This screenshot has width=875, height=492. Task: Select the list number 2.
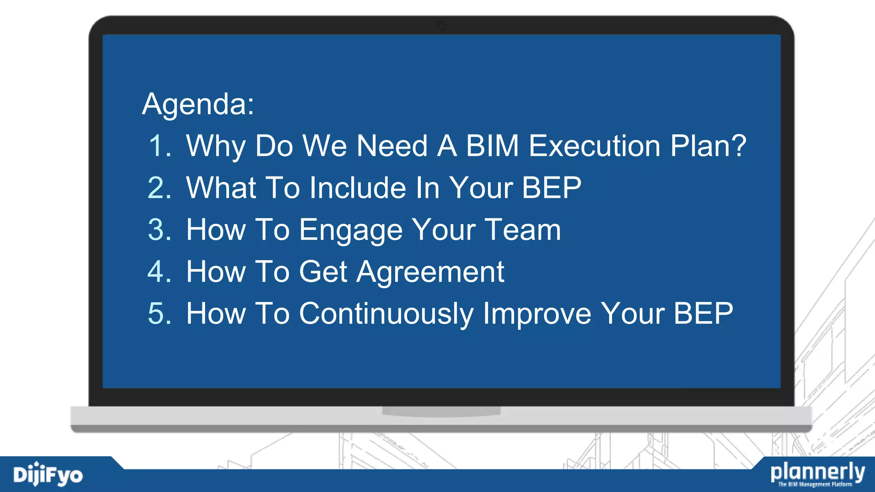pos(159,188)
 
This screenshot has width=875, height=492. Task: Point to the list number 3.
pos(159,230)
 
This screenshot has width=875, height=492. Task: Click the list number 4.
pos(159,272)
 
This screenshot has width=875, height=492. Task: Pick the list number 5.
pos(159,313)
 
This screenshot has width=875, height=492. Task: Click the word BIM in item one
pos(492,146)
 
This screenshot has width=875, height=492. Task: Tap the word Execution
pos(595,146)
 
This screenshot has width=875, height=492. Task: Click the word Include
pos(358,188)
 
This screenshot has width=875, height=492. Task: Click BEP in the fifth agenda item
pos(703,313)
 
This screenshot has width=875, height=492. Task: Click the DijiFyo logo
pos(48,475)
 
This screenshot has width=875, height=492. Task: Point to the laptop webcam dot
pos(441,26)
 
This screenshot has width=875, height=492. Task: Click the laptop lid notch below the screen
pos(441,411)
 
